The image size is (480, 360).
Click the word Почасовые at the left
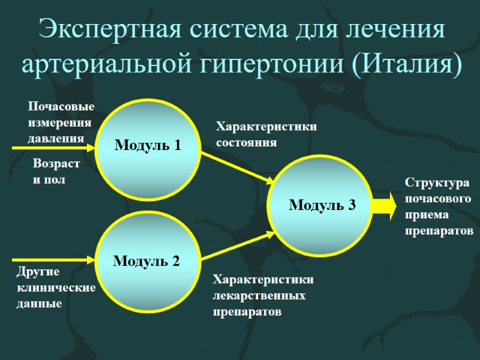click(61, 107)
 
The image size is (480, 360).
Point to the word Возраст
click(56, 163)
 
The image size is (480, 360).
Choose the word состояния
click(246, 143)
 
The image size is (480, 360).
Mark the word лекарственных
click(259, 296)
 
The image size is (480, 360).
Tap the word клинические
click(56, 287)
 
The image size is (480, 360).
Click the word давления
click(56, 138)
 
